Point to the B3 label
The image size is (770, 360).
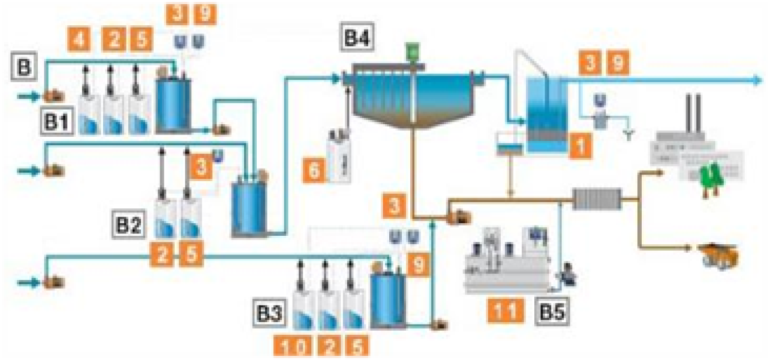coord(269,315)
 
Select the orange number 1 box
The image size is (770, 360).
coord(579,145)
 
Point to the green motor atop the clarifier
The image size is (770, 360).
coord(412,52)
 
